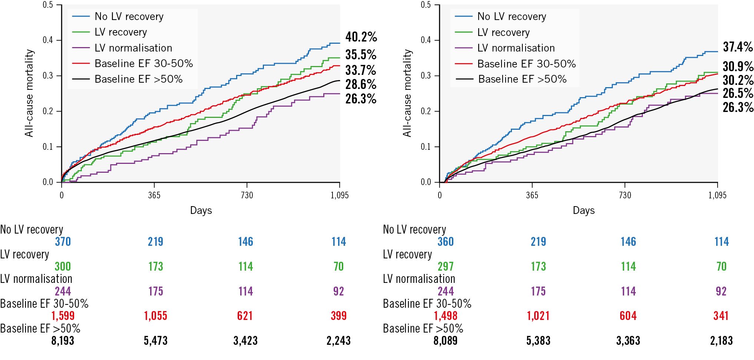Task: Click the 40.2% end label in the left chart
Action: tap(361, 37)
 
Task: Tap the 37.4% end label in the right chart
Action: tap(738, 47)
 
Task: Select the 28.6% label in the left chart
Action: tap(361, 85)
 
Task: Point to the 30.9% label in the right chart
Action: tap(738, 66)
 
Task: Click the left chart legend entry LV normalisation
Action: tap(133, 48)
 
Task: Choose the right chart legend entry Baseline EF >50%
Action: tap(522, 79)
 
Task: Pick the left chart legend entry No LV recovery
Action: tap(129, 16)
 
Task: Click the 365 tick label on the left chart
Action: tap(154, 195)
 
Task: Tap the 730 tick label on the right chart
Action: tap(625, 195)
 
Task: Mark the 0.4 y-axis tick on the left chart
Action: tap(48, 40)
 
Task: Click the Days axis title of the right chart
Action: tap(583, 211)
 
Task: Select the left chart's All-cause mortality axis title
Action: tap(29, 93)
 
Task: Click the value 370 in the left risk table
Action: tap(63, 242)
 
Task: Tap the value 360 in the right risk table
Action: tap(446, 242)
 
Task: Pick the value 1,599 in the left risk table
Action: tap(63, 316)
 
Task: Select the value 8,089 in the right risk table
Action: tap(445, 341)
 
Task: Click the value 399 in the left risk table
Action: tap(338, 316)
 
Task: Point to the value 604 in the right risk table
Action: tap(628, 316)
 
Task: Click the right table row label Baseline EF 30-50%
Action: tap(427, 304)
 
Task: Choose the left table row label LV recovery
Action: tap(24, 254)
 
